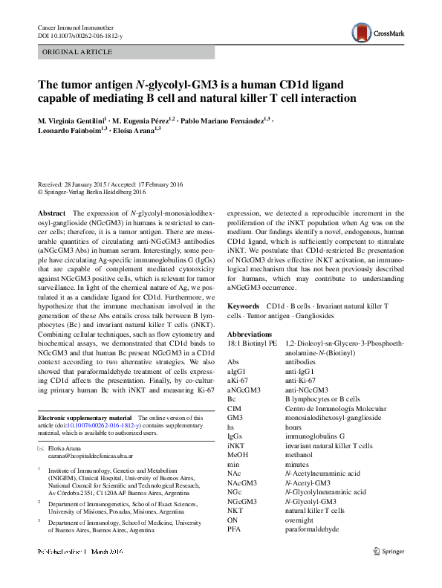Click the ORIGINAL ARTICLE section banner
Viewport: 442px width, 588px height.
[x=78, y=52]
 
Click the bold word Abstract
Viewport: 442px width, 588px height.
[x=51, y=213]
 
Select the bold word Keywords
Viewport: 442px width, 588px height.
[x=243, y=306]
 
